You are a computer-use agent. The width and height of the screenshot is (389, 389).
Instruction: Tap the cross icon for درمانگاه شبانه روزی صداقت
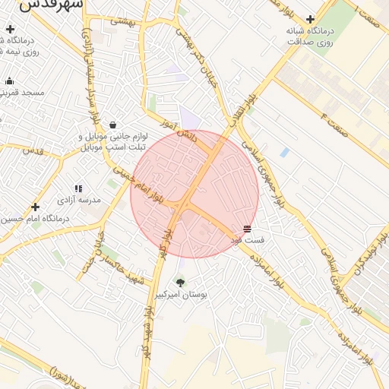(310, 20)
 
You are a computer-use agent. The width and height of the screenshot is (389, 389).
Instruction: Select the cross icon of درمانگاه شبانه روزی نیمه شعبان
(9, 30)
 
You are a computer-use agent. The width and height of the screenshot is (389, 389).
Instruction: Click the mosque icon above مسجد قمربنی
(9, 81)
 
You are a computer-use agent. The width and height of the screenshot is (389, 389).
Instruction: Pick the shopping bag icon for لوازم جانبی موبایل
(113, 125)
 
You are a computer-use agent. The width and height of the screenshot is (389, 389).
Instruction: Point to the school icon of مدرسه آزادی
(77, 188)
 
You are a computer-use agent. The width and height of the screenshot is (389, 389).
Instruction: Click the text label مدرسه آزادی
(78, 201)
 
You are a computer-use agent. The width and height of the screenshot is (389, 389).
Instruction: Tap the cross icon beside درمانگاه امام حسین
(35, 207)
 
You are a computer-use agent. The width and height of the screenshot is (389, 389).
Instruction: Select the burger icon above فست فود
(248, 229)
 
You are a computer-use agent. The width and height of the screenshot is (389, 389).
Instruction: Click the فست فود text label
(248, 240)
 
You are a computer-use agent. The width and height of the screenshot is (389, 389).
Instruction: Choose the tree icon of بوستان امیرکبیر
(180, 283)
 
